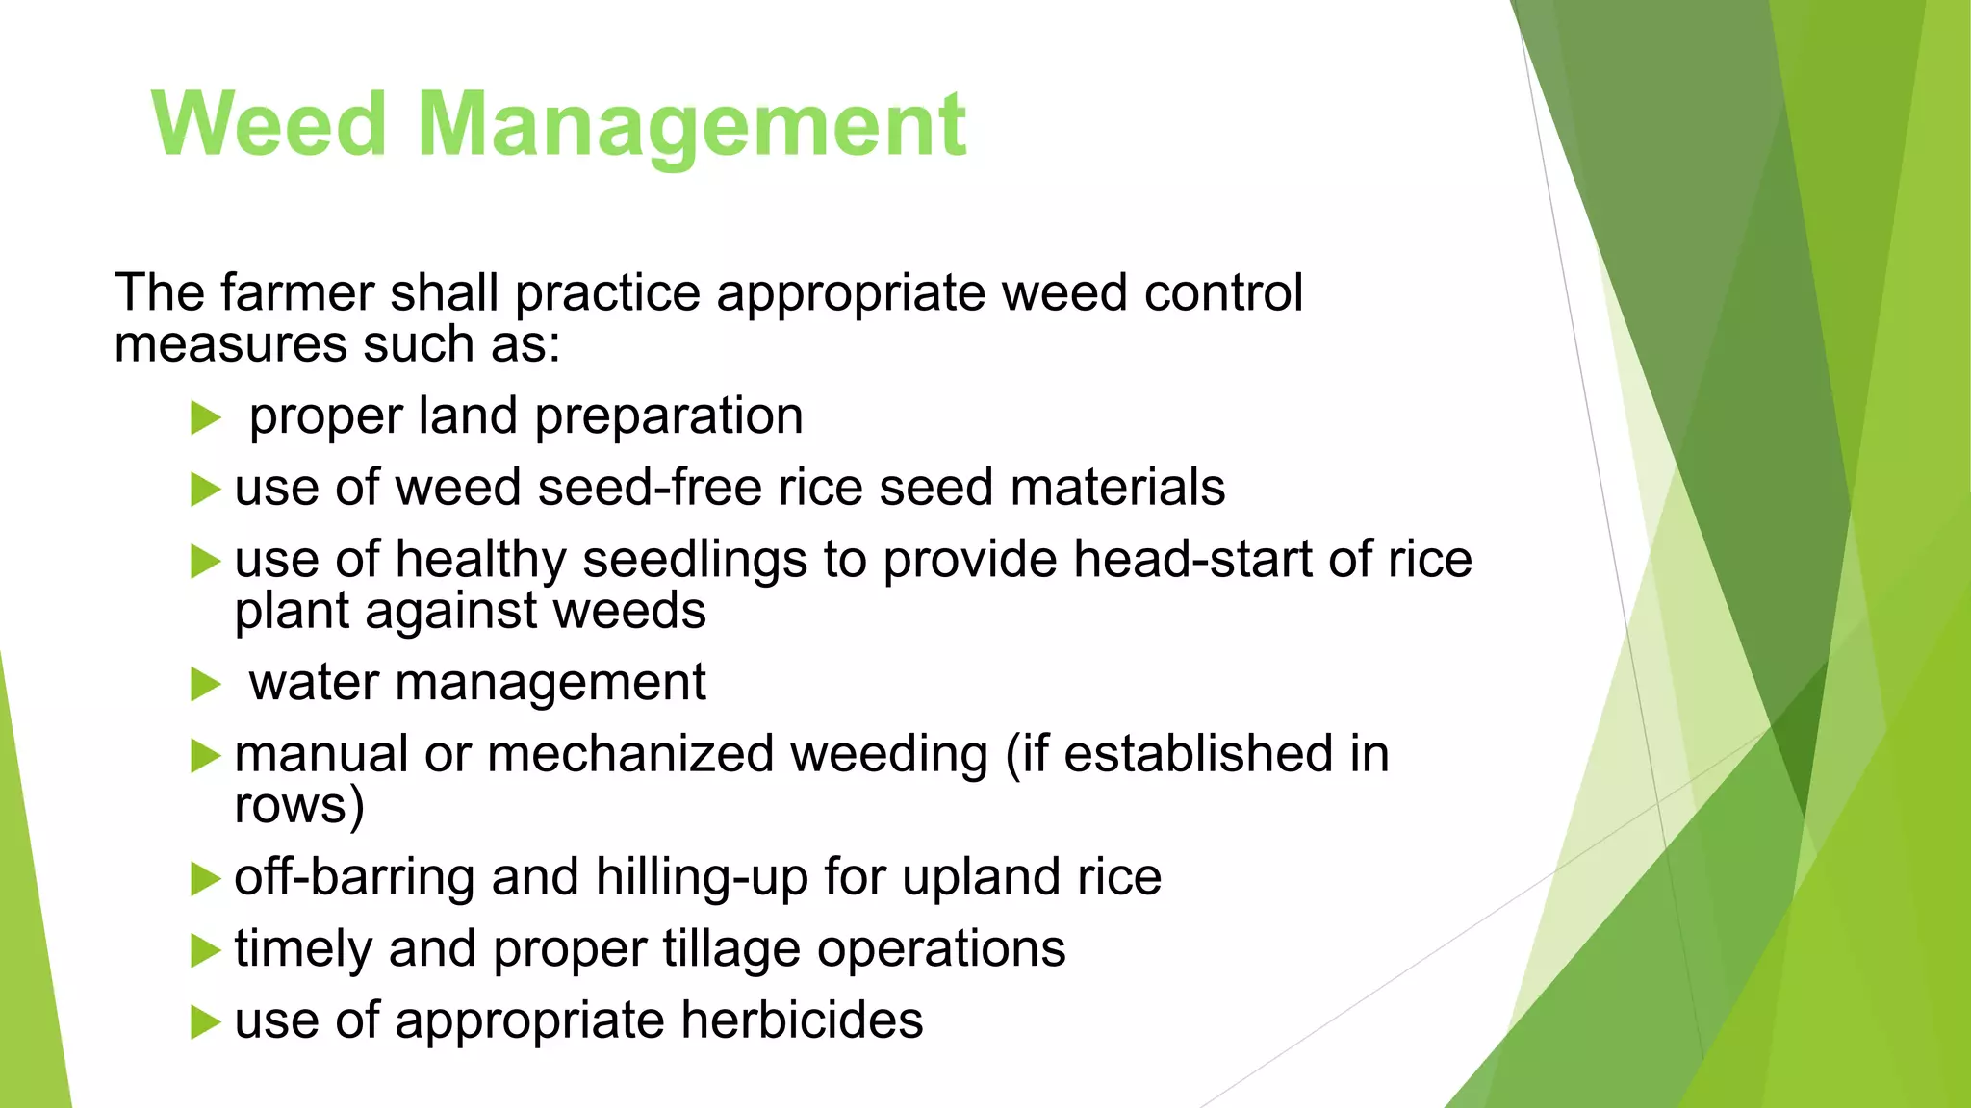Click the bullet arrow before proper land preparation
(x=205, y=418)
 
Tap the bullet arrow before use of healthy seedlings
(x=205, y=562)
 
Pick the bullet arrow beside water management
(x=205, y=685)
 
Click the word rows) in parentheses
(x=299, y=805)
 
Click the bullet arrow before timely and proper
(x=205, y=951)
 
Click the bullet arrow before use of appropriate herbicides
(x=205, y=1022)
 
